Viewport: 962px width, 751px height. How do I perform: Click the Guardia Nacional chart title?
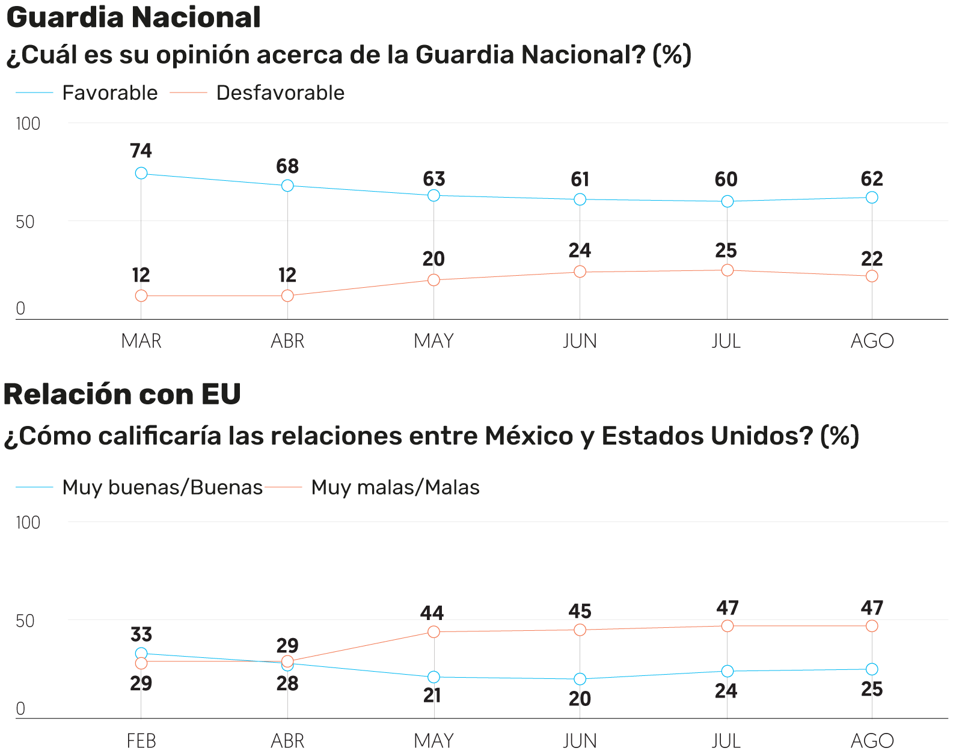pos(133,17)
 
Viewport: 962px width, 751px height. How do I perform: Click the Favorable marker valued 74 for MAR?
pos(141,173)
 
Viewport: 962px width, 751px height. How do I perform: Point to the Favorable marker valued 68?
pos(287,186)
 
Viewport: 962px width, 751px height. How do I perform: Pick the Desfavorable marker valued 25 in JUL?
pos(728,270)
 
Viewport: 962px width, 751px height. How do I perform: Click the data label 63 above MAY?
pos(434,179)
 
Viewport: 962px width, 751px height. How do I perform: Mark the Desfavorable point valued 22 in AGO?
pos(872,276)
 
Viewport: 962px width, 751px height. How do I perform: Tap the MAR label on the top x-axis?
pos(141,341)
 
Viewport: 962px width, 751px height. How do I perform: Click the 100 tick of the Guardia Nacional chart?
pos(28,124)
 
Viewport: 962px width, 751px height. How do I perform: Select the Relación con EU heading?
pos(122,395)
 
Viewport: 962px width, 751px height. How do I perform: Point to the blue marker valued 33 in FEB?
pos(141,654)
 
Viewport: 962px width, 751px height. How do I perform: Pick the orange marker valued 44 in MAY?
pos(434,631)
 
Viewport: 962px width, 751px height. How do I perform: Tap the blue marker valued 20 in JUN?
pos(580,679)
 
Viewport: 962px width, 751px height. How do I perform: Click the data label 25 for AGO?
pos(872,689)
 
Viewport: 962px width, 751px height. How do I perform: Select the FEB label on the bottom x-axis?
pos(141,741)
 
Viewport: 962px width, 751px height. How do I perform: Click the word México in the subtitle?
pos(529,436)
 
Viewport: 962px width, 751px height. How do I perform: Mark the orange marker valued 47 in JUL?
pos(728,626)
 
